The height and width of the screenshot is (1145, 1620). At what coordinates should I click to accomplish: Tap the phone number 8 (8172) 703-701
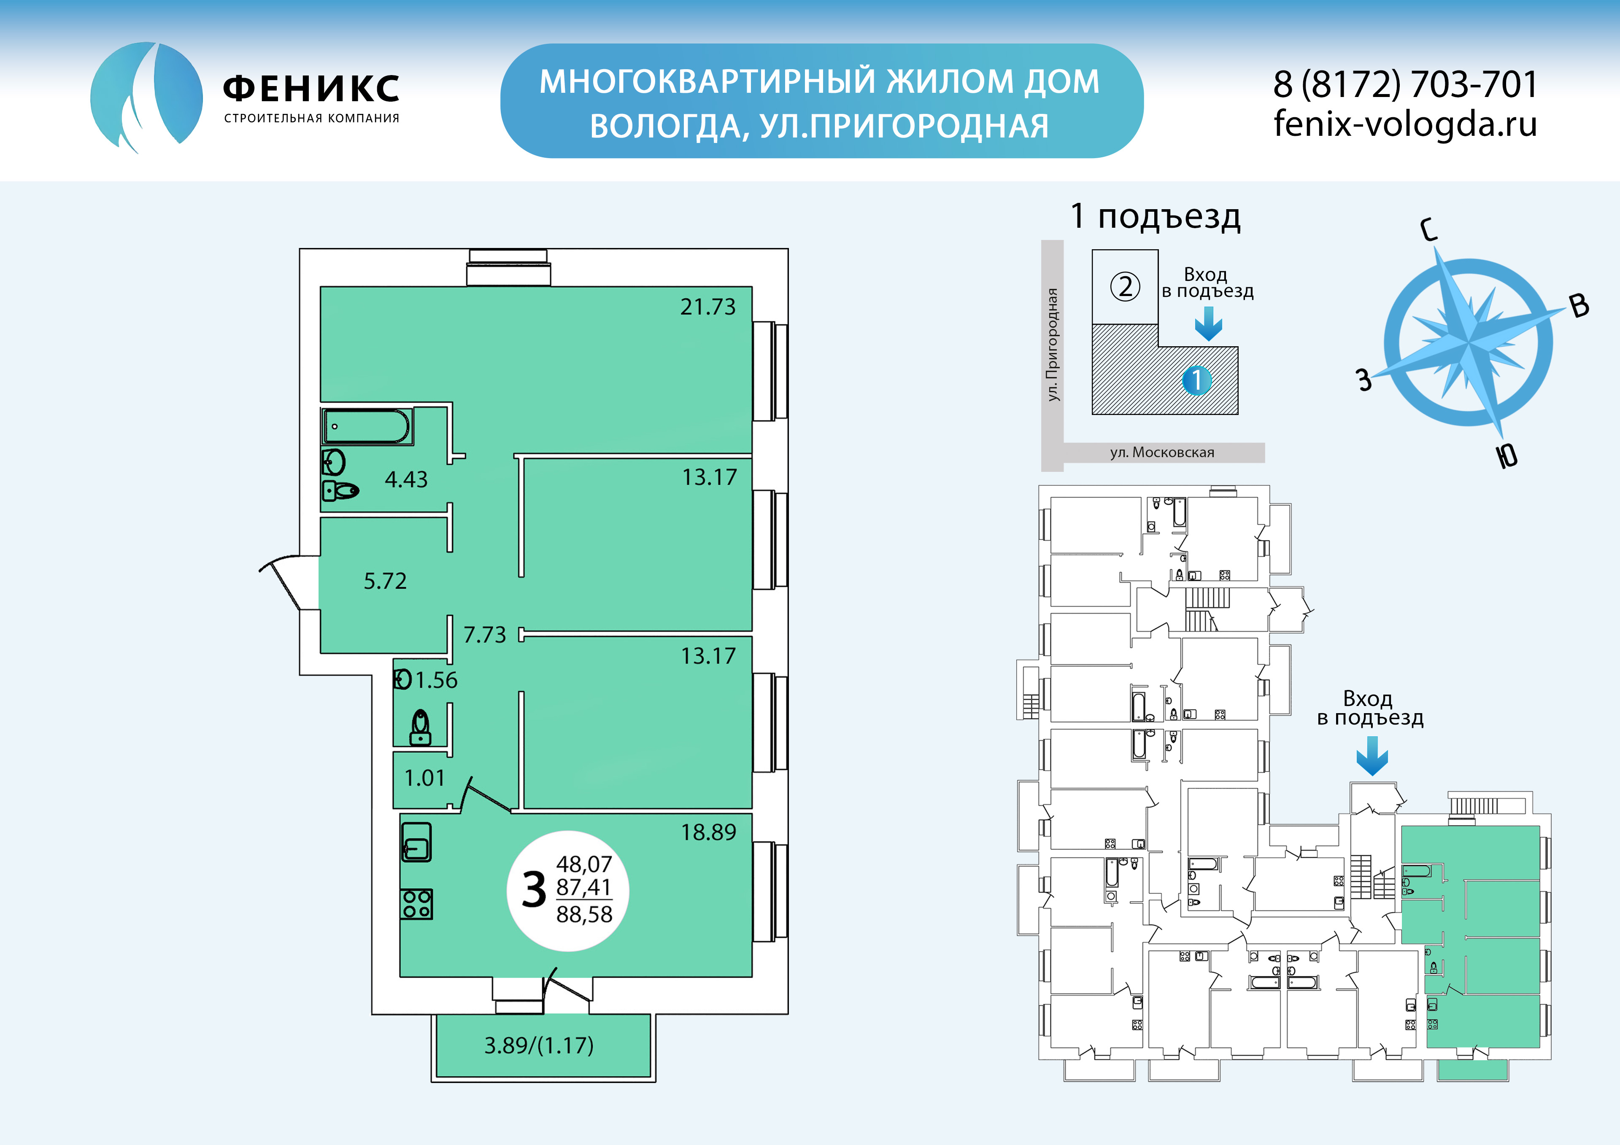pyautogui.click(x=1405, y=85)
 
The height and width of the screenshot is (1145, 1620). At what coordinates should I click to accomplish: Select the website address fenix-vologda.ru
pyautogui.click(x=1405, y=124)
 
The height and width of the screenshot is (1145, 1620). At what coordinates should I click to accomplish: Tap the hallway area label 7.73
pyautogui.click(x=485, y=634)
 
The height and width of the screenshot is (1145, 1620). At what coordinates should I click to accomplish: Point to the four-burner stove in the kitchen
pyautogui.click(x=417, y=904)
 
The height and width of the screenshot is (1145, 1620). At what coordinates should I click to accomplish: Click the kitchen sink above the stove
pyautogui.click(x=416, y=842)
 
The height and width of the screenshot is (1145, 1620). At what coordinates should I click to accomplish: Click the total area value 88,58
pyautogui.click(x=584, y=914)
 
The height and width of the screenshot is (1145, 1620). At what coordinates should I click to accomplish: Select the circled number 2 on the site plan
pyautogui.click(x=1126, y=286)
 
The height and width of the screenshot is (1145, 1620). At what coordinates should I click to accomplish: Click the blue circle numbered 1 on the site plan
pyautogui.click(x=1197, y=380)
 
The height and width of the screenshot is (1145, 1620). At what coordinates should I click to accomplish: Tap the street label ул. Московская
pyautogui.click(x=1162, y=452)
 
